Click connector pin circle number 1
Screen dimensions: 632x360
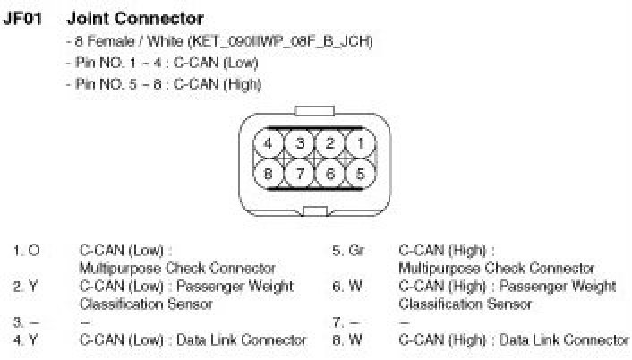coord(360,143)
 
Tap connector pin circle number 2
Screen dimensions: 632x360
coord(330,143)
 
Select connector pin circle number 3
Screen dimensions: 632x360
coord(301,143)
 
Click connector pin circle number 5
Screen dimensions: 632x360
coord(360,174)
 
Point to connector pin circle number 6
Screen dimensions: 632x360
coord(330,174)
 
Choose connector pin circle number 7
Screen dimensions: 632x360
coord(301,174)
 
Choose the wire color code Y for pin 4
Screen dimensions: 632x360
coord(34,339)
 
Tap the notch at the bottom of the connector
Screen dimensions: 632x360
coord(315,211)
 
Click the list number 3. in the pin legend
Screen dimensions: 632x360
coord(18,321)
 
